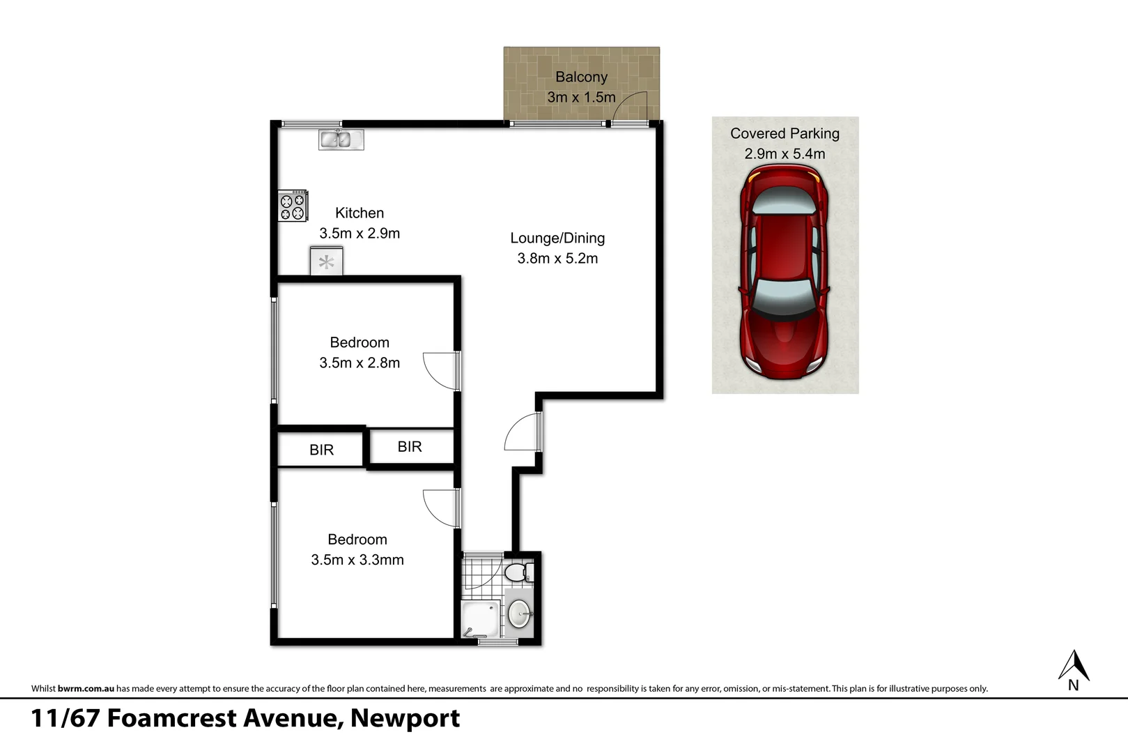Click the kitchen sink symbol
[x=341, y=139]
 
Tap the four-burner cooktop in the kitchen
[x=293, y=206]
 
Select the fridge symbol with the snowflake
[x=326, y=262]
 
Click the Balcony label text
[x=581, y=77]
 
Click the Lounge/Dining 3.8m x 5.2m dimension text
[x=557, y=259]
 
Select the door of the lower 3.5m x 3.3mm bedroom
[x=441, y=508]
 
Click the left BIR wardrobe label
[x=321, y=450]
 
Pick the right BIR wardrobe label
[x=410, y=447]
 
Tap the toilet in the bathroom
[x=516, y=574]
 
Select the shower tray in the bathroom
[x=481, y=618]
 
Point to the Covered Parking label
[x=785, y=134]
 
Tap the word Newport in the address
[x=405, y=718]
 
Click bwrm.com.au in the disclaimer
[x=86, y=689]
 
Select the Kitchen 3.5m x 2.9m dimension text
[x=360, y=234]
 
